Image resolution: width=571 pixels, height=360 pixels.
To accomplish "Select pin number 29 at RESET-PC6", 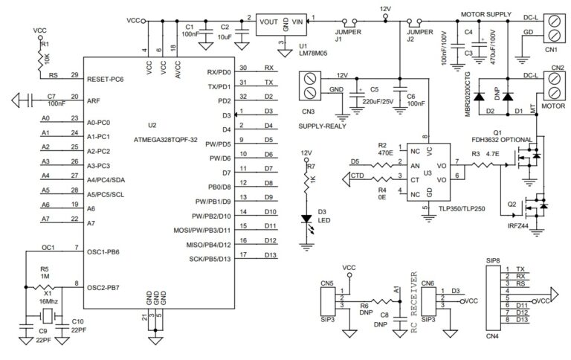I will (x=74, y=75).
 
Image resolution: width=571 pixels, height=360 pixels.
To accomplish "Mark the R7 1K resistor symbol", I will (x=306, y=179).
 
